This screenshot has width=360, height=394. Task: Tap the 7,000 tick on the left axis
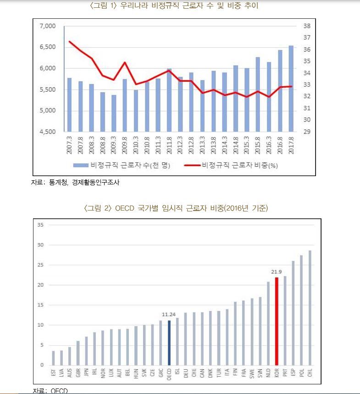[48, 26]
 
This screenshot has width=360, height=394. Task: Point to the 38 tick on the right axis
[307, 26]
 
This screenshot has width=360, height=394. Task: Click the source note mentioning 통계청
[76, 183]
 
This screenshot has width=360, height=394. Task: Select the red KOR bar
[277, 321]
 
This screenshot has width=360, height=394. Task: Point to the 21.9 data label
[276, 272]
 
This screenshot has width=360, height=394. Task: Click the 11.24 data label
[169, 315]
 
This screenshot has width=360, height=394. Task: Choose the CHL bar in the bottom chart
[310, 308]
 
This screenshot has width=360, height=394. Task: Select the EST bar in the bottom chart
[53, 358]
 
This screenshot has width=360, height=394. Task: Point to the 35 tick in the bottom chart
[40, 225]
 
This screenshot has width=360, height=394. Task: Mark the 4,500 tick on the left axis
[48, 132]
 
